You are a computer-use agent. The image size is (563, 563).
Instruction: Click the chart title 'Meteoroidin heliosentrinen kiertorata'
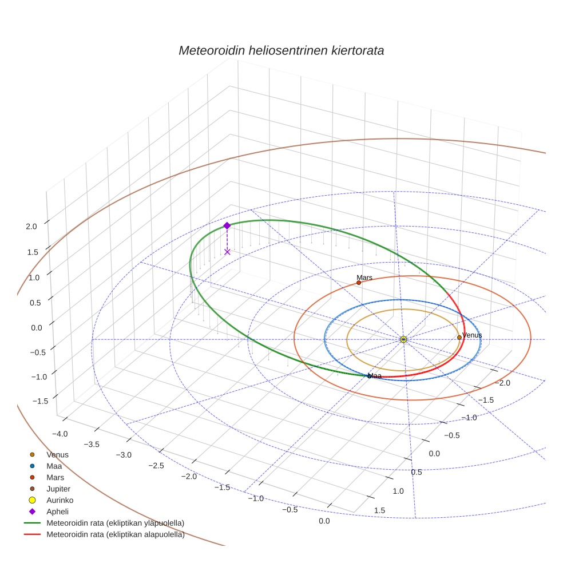[x=281, y=50]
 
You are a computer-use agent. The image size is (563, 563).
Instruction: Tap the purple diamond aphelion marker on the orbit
[x=227, y=225]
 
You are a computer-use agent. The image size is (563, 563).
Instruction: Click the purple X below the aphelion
[x=227, y=251]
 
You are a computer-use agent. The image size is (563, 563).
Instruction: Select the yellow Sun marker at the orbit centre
[x=403, y=339]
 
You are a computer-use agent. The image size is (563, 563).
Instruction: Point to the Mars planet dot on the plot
[x=359, y=283]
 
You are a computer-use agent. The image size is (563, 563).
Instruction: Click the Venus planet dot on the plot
[x=459, y=338]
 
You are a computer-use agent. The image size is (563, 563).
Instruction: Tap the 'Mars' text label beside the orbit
[x=364, y=277]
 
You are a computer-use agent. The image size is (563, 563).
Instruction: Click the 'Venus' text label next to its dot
[x=472, y=335]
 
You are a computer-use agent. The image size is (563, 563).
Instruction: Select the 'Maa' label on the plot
[x=375, y=376]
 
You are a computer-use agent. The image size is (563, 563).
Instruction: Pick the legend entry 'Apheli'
[x=57, y=512]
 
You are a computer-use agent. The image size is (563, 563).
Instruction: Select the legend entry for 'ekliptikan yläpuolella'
[x=115, y=523]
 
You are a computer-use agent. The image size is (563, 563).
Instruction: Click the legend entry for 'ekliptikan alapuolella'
[x=115, y=534]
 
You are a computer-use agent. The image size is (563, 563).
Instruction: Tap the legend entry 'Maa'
[x=54, y=466]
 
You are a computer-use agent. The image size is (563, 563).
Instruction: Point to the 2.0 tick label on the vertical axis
[x=31, y=226]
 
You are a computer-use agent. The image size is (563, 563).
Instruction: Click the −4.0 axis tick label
[x=60, y=434]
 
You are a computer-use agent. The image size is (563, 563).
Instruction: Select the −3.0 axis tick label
[x=124, y=455]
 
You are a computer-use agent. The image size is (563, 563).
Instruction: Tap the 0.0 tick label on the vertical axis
[x=31, y=327]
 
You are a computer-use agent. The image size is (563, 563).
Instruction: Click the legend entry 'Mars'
[x=55, y=477]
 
